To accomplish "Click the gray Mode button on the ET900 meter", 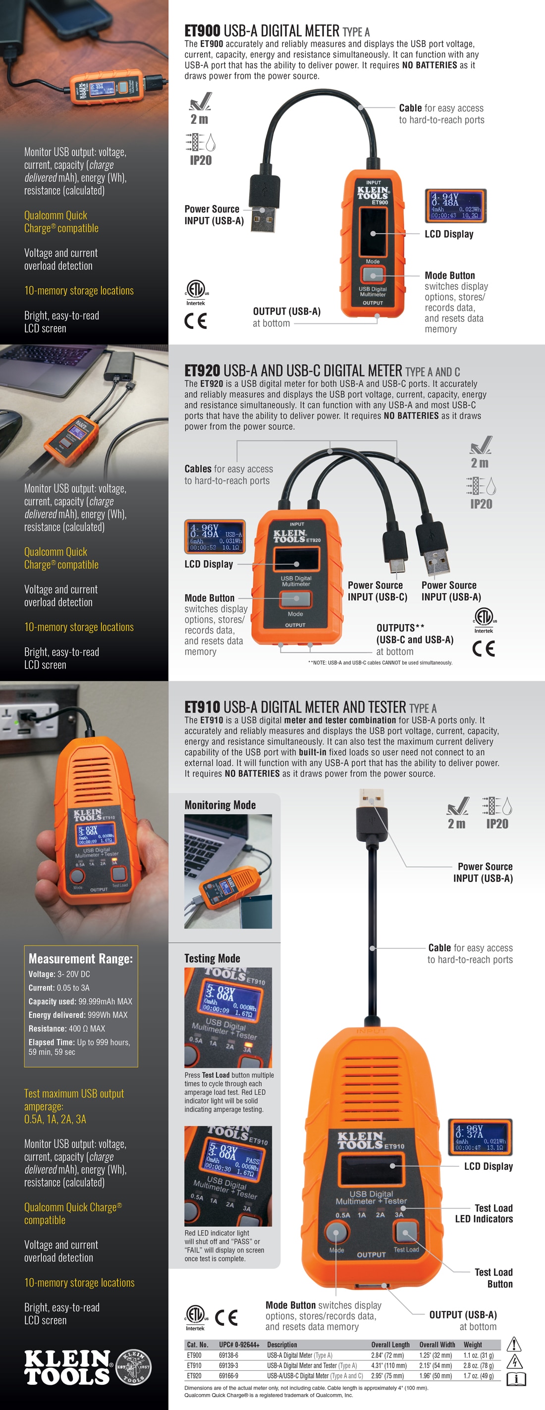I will coord(373,274).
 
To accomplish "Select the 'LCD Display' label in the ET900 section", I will coord(448,234).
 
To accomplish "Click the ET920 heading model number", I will coord(202,370).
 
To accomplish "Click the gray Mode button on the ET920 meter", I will coord(295,599).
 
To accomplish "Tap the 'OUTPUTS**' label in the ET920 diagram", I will coord(400,628).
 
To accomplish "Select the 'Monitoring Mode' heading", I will coord(219,805).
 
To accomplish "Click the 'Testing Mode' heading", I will coord(212,958).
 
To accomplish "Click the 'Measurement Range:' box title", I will coord(81,958).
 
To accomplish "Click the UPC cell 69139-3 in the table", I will coord(228,1365).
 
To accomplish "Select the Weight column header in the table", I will coord(473,1345).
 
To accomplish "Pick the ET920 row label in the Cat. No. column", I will coord(194,1375).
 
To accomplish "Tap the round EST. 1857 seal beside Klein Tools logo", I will coord(134,1367).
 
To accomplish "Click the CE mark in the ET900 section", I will coord(196,321).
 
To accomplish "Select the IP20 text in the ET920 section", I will coord(481,504).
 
